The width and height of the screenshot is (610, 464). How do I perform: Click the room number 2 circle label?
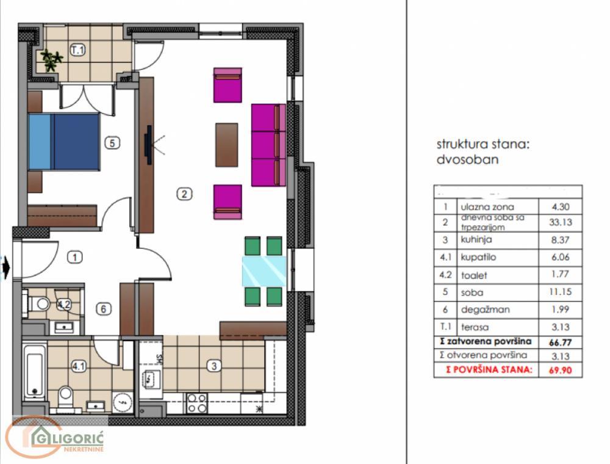point(184,194)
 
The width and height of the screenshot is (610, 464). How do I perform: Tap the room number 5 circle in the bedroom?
point(112,143)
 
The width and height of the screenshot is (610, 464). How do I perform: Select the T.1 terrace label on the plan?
point(77,51)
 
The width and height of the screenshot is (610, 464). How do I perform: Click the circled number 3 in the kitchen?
point(213,366)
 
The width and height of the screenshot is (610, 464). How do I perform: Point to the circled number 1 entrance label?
point(74,258)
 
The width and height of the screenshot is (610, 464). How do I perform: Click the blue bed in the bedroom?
point(63,141)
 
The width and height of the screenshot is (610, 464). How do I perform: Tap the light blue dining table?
point(264,272)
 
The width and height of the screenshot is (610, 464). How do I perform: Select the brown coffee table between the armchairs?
point(226,145)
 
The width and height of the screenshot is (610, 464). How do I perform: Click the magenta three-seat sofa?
point(268,145)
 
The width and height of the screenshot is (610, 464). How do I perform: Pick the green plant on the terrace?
point(52,60)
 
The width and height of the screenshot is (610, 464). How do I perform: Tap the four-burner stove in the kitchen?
point(196,402)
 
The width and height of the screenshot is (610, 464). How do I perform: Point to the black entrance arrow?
point(6,267)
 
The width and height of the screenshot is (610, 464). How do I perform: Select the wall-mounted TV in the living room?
point(148,145)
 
